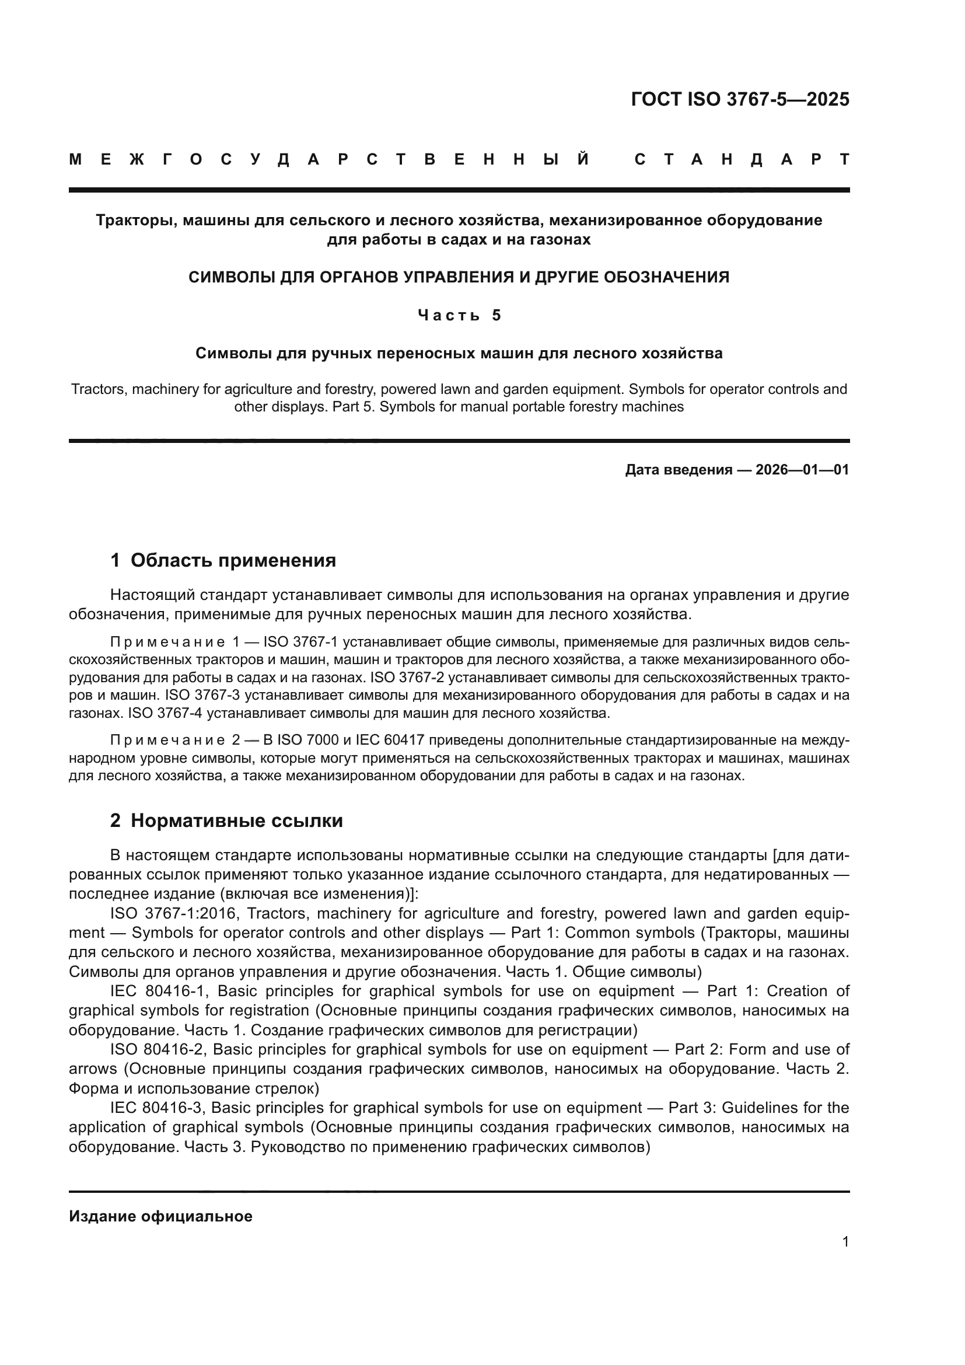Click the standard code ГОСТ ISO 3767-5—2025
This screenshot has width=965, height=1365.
[740, 99]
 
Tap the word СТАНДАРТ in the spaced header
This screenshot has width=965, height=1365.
[742, 159]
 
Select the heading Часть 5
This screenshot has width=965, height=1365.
[459, 315]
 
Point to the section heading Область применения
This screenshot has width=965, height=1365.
[233, 560]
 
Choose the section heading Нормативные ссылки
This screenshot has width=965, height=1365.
[236, 821]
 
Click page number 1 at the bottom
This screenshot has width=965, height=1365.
[845, 1242]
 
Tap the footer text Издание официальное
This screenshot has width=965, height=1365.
[160, 1216]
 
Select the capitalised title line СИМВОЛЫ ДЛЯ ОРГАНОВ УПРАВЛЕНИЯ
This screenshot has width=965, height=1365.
[459, 277]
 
